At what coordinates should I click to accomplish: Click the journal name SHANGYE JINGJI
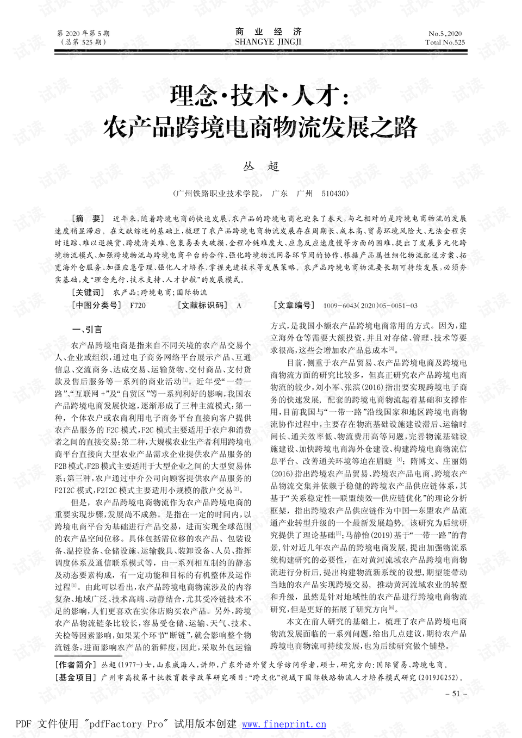pos(268,42)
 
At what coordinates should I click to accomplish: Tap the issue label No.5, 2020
pos(445,33)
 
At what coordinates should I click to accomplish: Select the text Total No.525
pos(445,42)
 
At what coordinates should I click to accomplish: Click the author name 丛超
pos(261,166)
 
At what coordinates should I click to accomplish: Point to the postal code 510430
pos(335,194)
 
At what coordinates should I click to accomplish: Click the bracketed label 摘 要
pos(88,219)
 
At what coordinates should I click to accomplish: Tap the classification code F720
pos(138,306)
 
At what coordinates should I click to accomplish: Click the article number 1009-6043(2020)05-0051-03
pos(370,306)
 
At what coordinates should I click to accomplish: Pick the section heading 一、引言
pos(87,330)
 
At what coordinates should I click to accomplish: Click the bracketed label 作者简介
pos(77,665)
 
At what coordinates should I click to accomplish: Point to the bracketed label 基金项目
pos(77,678)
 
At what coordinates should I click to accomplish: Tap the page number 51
pos(456,693)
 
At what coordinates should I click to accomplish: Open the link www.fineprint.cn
pos(284,724)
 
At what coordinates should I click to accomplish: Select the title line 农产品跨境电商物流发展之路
pos(260,128)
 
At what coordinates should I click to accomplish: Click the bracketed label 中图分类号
pos(97,306)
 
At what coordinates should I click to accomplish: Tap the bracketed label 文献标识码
pos(203,306)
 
